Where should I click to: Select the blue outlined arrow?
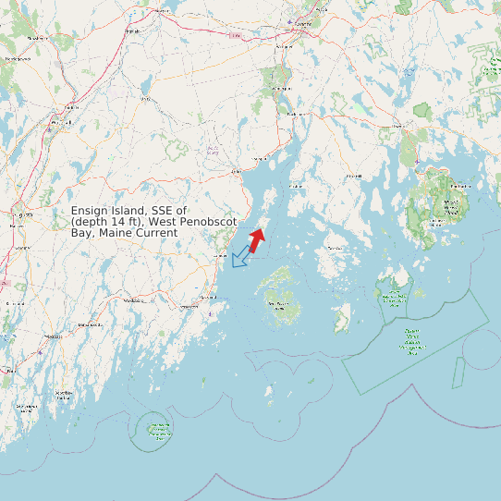tap(242, 256)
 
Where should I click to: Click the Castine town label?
tap(296, 186)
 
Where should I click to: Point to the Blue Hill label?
tap(352, 175)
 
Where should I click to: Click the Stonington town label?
tap(334, 248)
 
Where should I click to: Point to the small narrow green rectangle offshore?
tap(457, 372)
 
